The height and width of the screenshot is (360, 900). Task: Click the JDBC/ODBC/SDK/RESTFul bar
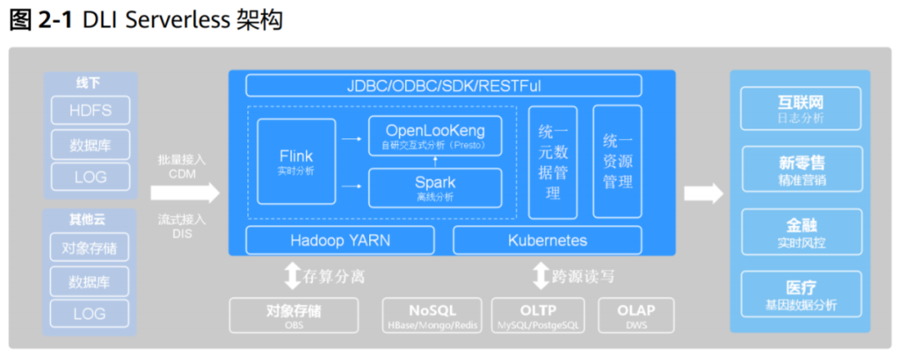[x=443, y=86]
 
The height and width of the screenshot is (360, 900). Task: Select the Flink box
[x=296, y=162]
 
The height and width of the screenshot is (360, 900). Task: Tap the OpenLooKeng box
[x=435, y=136]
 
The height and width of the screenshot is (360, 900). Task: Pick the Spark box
[x=435, y=187]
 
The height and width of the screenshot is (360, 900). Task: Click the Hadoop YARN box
[x=340, y=241]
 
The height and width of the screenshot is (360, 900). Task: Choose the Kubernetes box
[x=547, y=241]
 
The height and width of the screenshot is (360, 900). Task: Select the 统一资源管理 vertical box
[x=617, y=162]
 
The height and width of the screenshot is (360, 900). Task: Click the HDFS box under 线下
[x=90, y=110]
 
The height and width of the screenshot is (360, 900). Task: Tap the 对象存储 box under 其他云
[x=90, y=247]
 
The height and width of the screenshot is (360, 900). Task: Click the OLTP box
[x=537, y=316]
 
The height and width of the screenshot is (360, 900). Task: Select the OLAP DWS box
[x=636, y=316]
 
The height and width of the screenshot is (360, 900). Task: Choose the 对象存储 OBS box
[x=293, y=316]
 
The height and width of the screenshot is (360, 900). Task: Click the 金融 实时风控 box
[x=800, y=232]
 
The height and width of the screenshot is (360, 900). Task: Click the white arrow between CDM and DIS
[x=184, y=193]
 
